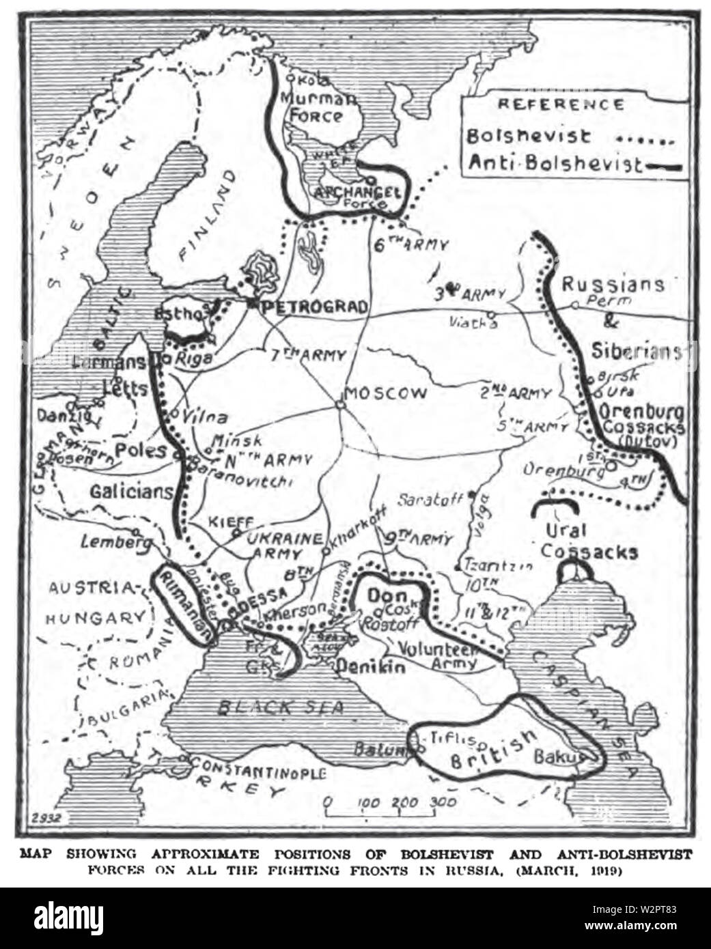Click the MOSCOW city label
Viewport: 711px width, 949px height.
pos(387,394)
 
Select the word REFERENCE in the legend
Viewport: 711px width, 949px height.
pos(560,104)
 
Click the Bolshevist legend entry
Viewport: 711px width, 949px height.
pos(529,136)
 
